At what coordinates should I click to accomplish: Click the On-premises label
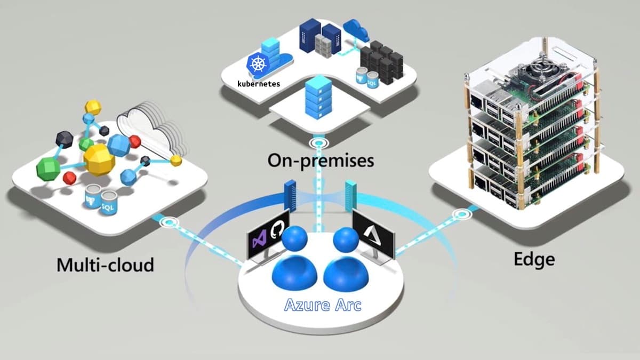320,159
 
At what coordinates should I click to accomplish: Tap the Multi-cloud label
105,264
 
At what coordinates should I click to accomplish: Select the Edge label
534,259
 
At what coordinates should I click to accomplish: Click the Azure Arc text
323,305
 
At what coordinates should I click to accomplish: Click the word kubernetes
259,84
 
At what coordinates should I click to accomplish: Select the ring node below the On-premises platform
319,143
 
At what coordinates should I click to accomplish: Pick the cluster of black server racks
381,61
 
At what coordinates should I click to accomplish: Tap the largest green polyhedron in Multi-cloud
48,169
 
